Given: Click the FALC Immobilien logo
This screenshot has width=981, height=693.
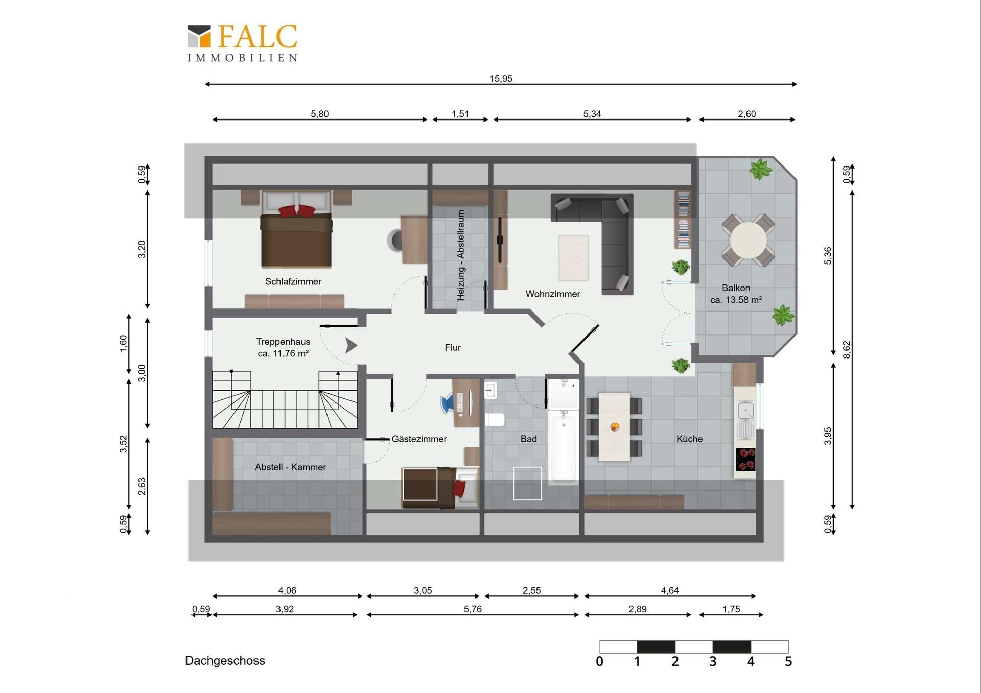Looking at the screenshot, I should click(242, 43).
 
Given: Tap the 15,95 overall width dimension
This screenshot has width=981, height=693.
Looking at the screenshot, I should click(501, 79).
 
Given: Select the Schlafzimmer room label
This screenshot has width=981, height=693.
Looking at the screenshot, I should click(293, 281).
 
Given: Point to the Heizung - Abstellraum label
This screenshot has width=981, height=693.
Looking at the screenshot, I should click(461, 255).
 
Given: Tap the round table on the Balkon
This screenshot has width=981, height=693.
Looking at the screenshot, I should click(748, 241).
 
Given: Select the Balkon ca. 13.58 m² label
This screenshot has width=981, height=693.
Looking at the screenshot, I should click(736, 294).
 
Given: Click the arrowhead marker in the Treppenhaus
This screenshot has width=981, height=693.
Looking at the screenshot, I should click(351, 346).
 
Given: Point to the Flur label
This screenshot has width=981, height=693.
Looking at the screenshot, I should click(452, 348).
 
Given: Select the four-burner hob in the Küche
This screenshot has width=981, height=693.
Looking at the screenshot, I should click(745, 459).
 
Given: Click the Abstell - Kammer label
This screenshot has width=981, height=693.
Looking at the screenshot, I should click(290, 467).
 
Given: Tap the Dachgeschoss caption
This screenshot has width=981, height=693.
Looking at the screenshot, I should click(225, 661).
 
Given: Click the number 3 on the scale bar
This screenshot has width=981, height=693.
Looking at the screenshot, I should click(713, 662).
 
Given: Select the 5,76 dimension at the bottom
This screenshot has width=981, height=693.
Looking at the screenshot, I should click(473, 609).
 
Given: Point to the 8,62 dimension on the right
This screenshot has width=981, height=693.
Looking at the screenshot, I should click(847, 350).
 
